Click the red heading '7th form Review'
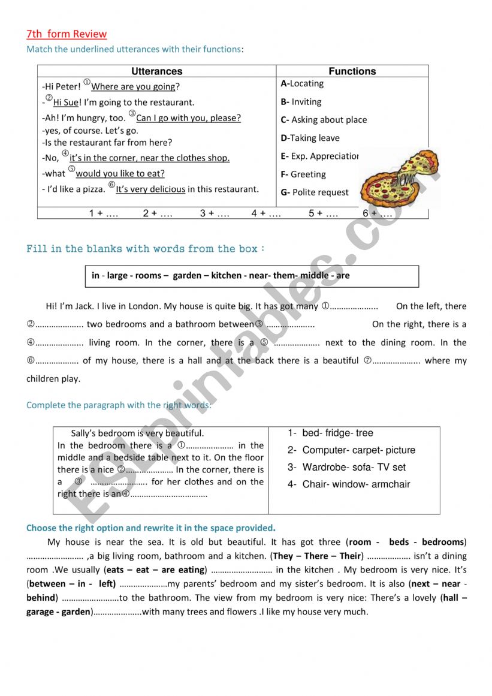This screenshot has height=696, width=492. click(67, 34)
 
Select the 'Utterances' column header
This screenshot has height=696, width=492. click(156, 71)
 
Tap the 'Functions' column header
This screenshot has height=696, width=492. click(352, 71)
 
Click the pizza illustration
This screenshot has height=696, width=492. click(399, 178)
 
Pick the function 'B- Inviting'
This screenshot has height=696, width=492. click(301, 102)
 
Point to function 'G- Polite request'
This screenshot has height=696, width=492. click(314, 192)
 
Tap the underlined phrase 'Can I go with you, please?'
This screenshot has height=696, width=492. click(188, 118)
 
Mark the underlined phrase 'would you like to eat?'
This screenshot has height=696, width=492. click(120, 174)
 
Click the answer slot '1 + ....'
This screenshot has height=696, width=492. click(103, 213)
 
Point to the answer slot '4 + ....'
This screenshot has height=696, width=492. click(266, 213)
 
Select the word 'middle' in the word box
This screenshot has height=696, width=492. click(315, 276)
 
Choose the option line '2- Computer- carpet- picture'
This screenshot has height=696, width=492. click(351, 450)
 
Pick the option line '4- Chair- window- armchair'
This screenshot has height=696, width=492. click(349, 484)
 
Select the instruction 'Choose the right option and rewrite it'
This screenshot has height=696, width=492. click(150, 528)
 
